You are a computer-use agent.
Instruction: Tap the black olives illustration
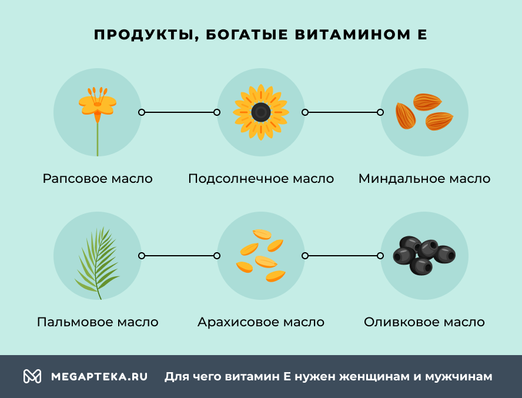click(x=424, y=255)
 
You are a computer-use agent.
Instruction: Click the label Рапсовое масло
click(x=98, y=178)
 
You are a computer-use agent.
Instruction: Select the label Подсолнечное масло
click(x=261, y=178)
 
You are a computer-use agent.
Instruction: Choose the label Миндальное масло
click(x=424, y=178)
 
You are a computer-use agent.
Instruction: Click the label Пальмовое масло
click(x=98, y=322)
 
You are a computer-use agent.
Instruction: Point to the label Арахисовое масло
click(x=261, y=322)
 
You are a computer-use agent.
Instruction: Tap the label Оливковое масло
click(x=424, y=322)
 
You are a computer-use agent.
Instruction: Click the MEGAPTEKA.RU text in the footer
click(x=99, y=376)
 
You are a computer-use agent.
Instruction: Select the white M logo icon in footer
click(x=32, y=376)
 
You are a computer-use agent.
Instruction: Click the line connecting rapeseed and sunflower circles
click(x=179, y=112)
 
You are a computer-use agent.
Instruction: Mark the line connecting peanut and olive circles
click(x=342, y=256)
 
